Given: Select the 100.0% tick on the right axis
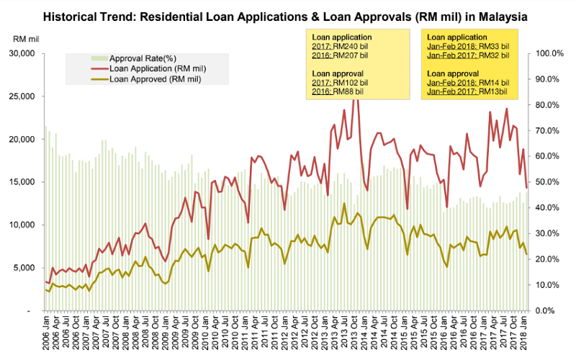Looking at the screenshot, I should [547, 54].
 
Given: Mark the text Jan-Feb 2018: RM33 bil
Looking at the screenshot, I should [468, 46].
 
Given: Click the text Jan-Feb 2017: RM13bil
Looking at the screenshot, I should [467, 91].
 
